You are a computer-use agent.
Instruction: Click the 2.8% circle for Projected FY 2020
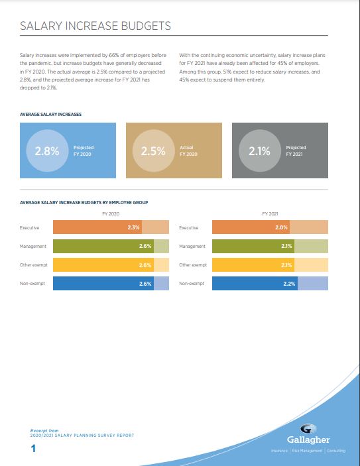(47, 150)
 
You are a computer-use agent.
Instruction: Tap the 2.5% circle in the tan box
(153, 150)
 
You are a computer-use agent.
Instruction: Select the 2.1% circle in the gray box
(259, 150)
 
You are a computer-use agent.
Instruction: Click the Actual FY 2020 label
(188, 150)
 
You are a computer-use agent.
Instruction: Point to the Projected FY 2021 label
(296, 150)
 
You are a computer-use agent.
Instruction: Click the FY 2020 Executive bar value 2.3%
(133, 227)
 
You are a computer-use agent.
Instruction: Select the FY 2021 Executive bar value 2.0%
(281, 227)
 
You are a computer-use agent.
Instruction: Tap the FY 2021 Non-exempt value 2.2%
(289, 284)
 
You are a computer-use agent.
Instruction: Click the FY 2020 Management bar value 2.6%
(145, 246)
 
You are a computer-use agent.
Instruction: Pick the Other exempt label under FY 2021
(193, 264)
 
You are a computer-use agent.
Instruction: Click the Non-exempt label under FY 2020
(32, 284)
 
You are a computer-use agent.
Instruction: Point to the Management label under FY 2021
(192, 247)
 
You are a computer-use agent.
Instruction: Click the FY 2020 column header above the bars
(111, 213)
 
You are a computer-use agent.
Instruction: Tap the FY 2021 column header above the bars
(270, 213)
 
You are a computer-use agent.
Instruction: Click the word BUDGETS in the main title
(146, 26)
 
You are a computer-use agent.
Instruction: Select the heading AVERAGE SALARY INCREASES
(50, 115)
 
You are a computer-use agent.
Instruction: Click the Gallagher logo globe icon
(308, 429)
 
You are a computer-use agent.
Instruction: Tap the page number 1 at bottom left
(33, 449)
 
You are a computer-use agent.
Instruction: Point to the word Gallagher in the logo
(308, 440)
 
